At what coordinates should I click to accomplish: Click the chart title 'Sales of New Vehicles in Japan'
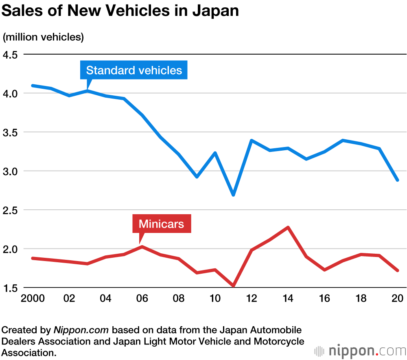[x=120, y=11]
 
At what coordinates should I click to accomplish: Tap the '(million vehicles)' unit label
[x=43, y=37]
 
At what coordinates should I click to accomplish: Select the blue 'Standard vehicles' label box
[x=134, y=70]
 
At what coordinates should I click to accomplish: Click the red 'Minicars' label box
[x=161, y=224]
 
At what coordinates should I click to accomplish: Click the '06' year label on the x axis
[x=142, y=299]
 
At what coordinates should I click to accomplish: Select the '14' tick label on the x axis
[x=288, y=299]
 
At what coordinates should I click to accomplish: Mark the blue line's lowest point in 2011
[x=233, y=195]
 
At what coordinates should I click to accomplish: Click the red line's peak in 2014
[x=288, y=227]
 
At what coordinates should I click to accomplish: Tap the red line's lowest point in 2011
[x=233, y=285]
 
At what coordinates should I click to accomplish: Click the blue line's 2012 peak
[x=252, y=140]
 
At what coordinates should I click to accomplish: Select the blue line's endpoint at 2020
[x=397, y=180]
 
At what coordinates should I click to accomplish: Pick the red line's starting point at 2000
[x=32, y=258]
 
